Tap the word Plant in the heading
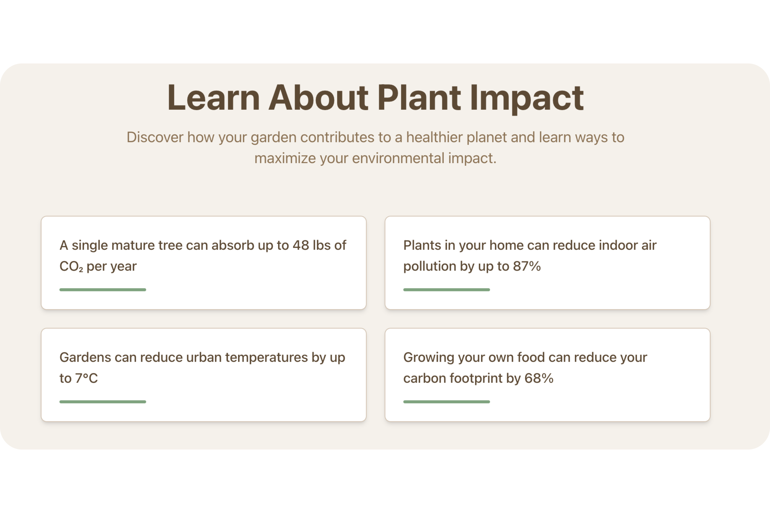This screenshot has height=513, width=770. pyautogui.click(x=419, y=98)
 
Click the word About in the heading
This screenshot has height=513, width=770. pyautogui.click(x=319, y=98)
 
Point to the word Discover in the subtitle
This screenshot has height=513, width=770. pyautogui.click(x=155, y=137)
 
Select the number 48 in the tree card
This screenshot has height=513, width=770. pyautogui.click(x=301, y=245)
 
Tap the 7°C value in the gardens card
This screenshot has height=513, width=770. pyautogui.click(x=86, y=379)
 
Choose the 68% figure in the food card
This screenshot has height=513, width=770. pyautogui.click(x=539, y=379)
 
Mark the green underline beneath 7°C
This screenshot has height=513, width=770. pyautogui.click(x=103, y=402)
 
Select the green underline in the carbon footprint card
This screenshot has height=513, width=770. pyautogui.click(x=446, y=402)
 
